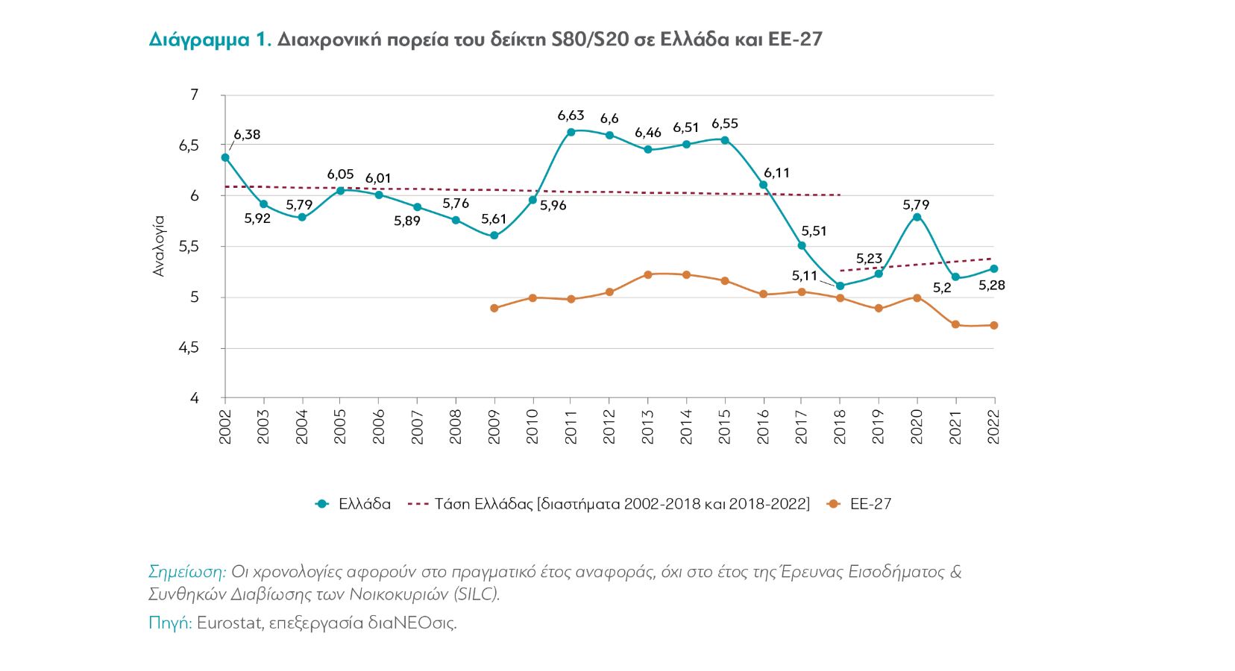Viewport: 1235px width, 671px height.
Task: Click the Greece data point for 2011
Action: [x=571, y=132]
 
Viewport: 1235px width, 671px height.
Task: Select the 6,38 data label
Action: [x=247, y=135]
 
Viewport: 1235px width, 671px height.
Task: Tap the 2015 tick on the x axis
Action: [x=724, y=426]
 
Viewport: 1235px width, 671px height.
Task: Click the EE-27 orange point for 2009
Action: [x=494, y=308]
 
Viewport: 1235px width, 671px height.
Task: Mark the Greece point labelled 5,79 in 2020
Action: [x=917, y=217]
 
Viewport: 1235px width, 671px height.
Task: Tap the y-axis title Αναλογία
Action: [x=158, y=246]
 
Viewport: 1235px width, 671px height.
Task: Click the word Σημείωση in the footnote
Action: [x=186, y=572]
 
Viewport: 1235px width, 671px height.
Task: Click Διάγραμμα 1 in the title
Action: [x=209, y=40]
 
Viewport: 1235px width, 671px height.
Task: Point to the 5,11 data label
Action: [x=805, y=276]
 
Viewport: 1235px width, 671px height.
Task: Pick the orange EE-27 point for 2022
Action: [x=993, y=325]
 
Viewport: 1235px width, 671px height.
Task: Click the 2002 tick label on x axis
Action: [x=225, y=426]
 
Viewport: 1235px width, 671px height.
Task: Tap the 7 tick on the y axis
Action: [x=194, y=95]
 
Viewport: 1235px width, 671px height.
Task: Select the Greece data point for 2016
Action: [x=763, y=185]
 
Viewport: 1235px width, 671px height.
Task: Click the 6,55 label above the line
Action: [x=724, y=124]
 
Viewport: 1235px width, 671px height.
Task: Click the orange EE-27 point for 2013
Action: [x=647, y=275]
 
